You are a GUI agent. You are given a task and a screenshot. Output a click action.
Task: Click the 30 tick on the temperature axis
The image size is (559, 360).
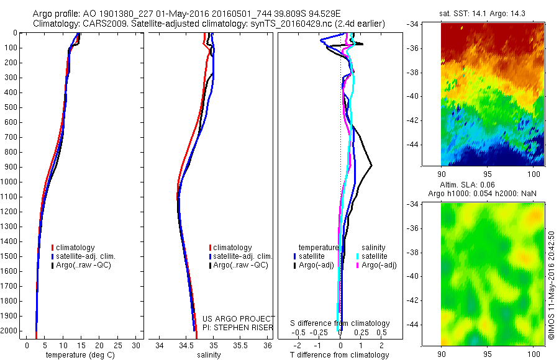coord(136,345)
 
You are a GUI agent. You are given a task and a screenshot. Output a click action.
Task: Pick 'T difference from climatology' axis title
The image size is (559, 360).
coord(340,355)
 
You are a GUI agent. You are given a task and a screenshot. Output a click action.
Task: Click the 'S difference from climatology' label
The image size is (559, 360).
coord(340,323)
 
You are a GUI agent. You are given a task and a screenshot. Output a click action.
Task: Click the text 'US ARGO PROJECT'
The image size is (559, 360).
coord(239,318)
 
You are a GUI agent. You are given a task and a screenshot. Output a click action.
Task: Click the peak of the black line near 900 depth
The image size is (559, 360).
coord(371,165)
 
